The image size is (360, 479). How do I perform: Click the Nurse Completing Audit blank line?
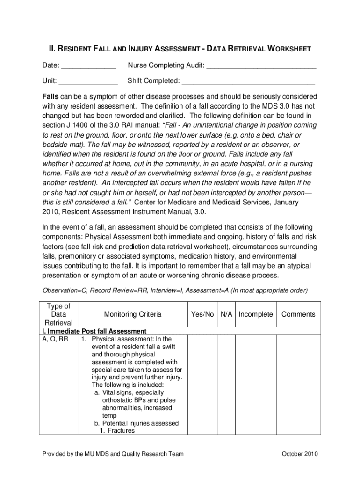261,66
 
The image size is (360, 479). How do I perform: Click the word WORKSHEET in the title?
287,49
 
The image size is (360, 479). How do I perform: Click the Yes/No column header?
202,314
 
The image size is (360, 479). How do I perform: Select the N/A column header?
226,314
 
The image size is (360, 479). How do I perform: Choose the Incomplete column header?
255,314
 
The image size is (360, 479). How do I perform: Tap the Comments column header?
298,314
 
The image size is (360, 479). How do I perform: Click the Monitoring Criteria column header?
133,314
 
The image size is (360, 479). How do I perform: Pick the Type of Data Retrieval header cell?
58,314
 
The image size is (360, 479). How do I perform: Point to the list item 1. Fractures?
117,431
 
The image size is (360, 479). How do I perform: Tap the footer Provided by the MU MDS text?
113,454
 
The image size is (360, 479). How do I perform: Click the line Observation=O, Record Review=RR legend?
173,290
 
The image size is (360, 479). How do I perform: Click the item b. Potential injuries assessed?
136,423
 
